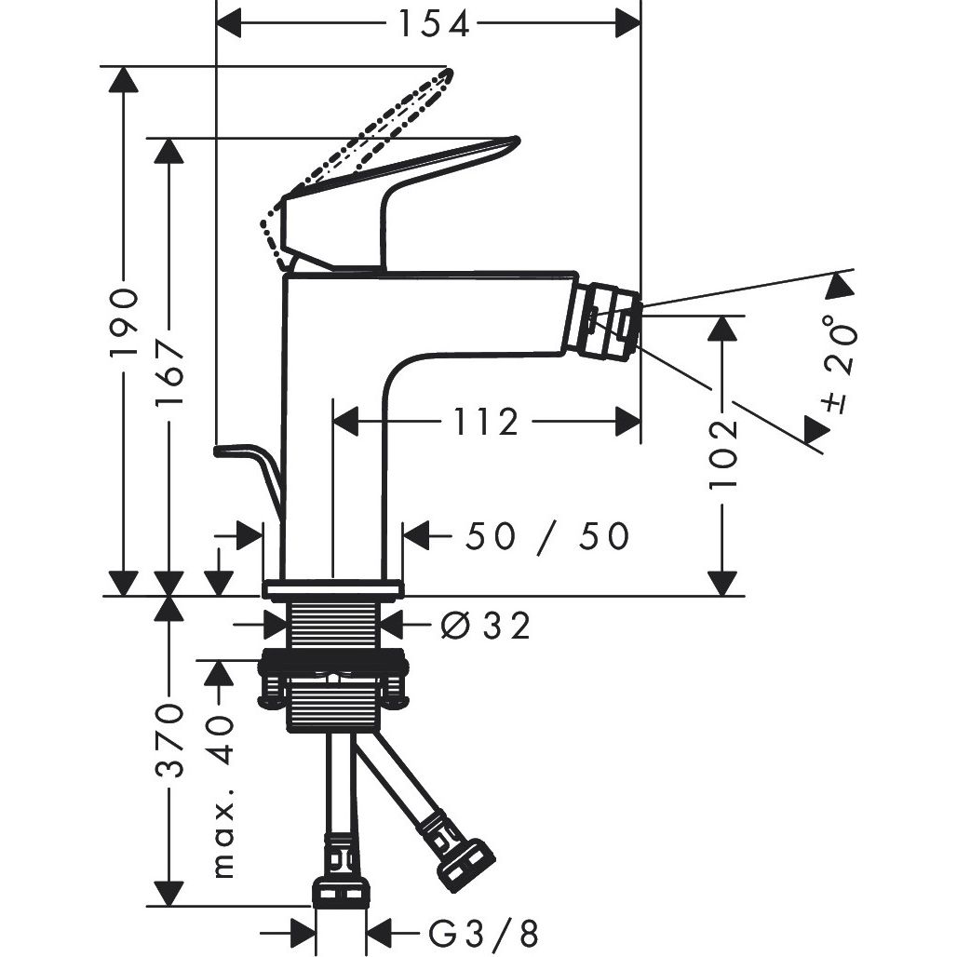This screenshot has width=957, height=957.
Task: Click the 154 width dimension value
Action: [x=434, y=23]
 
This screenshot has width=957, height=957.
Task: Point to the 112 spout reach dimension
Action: [x=486, y=423]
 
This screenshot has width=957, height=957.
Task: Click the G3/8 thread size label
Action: [x=484, y=931]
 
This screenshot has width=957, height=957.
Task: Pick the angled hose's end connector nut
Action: [x=465, y=862]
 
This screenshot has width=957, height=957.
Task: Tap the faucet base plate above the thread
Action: [x=332, y=588]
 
